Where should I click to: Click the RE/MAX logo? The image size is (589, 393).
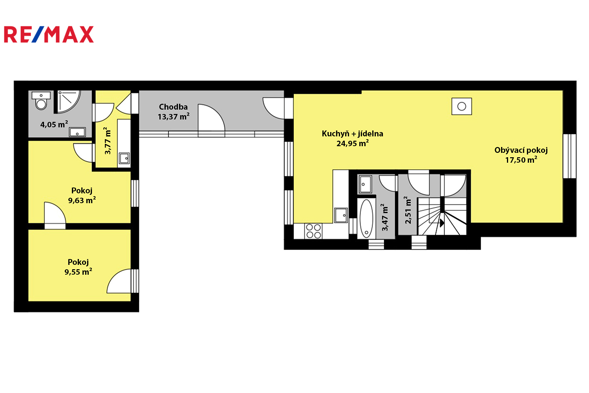click(x=49, y=34)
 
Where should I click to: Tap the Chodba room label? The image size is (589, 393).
click(x=173, y=107)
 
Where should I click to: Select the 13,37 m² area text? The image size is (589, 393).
click(x=174, y=117)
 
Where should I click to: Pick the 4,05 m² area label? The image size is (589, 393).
click(x=54, y=124)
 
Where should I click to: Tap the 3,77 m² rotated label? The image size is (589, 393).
click(x=107, y=141)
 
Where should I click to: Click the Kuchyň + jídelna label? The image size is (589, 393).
click(x=352, y=134)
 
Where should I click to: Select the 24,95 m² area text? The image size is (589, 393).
click(x=353, y=143)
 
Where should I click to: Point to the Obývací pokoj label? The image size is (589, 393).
click(x=521, y=150)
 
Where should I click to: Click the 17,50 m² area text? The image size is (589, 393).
click(x=521, y=160)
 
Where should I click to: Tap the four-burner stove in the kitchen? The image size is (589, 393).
click(x=313, y=231)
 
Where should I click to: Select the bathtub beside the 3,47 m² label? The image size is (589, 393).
click(x=366, y=219)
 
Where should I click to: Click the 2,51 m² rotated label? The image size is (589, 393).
click(x=408, y=210)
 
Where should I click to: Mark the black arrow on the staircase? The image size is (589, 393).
click(x=442, y=223)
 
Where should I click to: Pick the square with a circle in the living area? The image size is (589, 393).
click(x=462, y=107)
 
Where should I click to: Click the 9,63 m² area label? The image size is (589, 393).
click(x=82, y=200)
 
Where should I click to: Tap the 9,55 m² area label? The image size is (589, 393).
click(x=79, y=272)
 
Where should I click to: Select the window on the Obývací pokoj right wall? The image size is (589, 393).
click(x=569, y=156)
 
